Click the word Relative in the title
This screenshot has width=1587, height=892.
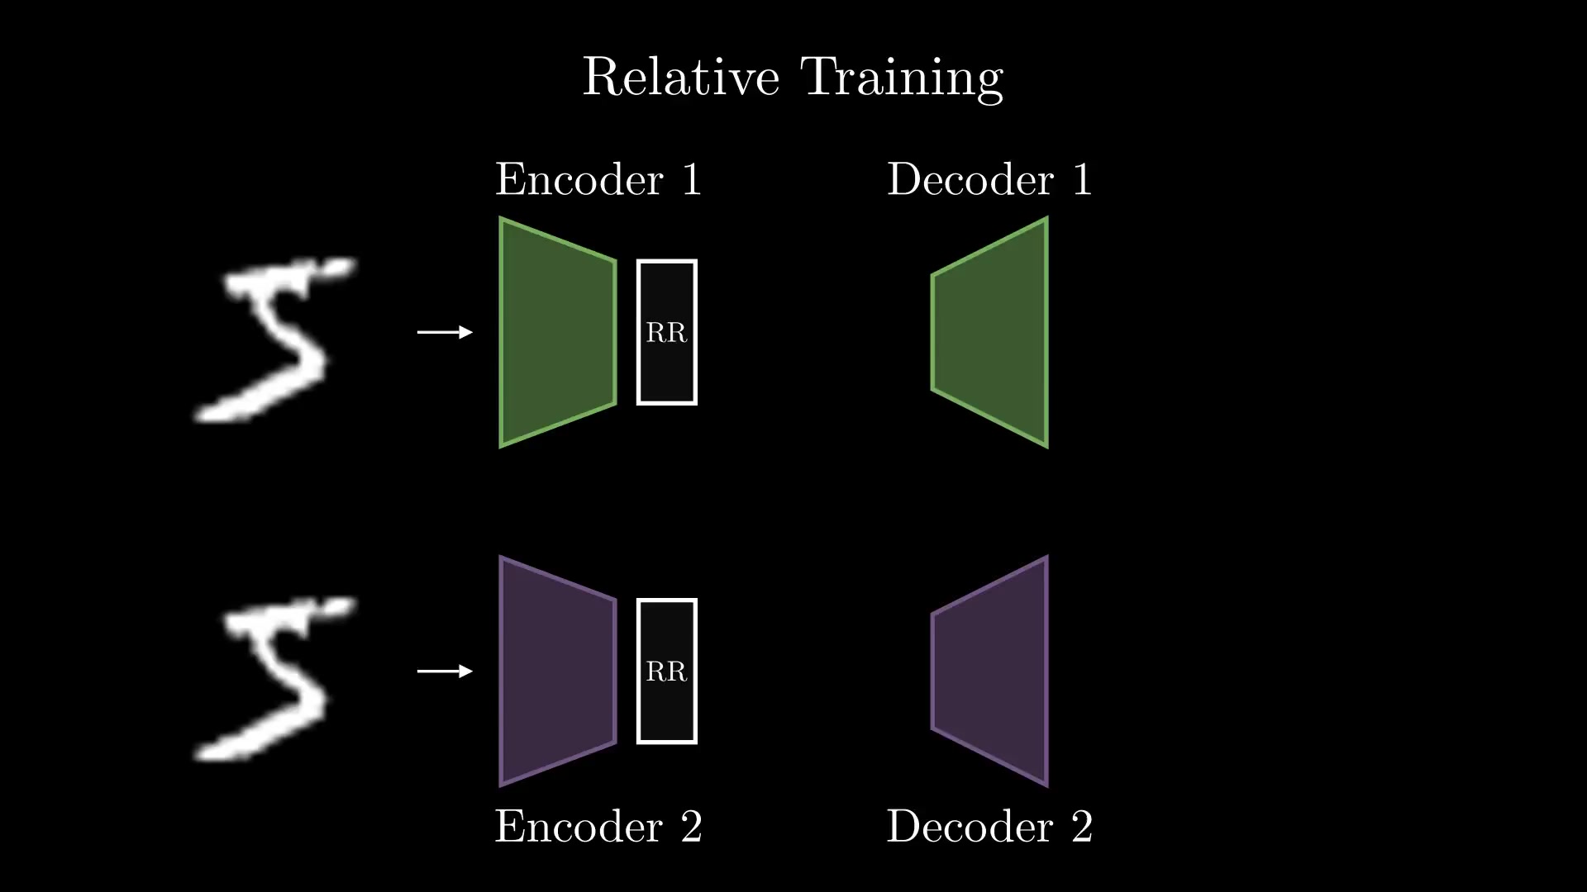pyautogui.click(x=681, y=77)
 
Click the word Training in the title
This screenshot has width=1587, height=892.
pyautogui.click(x=903, y=78)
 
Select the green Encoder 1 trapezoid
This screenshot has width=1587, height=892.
pyautogui.click(x=558, y=332)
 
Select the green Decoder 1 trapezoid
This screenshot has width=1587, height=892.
pyautogui.click(x=990, y=332)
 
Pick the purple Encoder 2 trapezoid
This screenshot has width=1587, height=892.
pyautogui.click(x=558, y=671)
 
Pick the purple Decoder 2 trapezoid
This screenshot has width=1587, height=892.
pyautogui.click(x=990, y=671)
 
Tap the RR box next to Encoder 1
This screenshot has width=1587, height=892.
pyautogui.click(x=667, y=332)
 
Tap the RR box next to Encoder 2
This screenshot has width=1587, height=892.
pyautogui.click(x=667, y=671)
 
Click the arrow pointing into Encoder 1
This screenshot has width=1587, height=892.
pyautogui.click(x=445, y=332)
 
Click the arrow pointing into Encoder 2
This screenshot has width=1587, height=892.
pyautogui.click(x=445, y=671)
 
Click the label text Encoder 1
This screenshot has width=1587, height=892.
pyautogui.click(x=598, y=179)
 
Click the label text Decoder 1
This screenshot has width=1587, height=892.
pyautogui.click(x=989, y=179)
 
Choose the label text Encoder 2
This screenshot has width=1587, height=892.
pyautogui.click(x=598, y=826)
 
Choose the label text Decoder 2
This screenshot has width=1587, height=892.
pyautogui.click(x=989, y=826)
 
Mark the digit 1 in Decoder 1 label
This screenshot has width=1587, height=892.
pyautogui.click(x=1082, y=179)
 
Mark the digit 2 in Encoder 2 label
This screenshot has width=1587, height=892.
pyautogui.click(x=692, y=826)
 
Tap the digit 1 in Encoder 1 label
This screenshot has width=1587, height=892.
pyautogui.click(x=692, y=179)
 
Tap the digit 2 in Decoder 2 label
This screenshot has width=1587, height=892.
pyautogui.click(x=1082, y=826)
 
